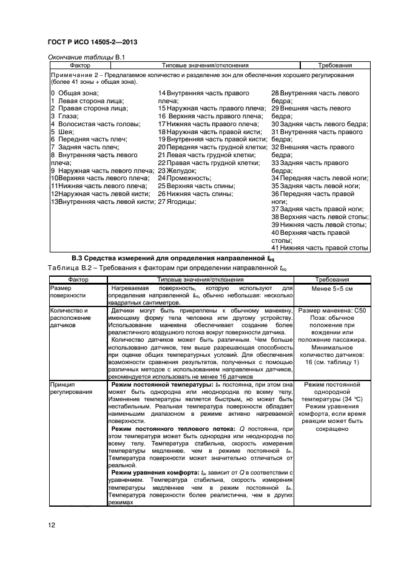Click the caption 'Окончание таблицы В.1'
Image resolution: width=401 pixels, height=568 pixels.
[86, 56]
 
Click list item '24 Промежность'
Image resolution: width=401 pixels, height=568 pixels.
[184, 178]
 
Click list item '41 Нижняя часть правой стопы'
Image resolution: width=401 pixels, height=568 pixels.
[320, 248]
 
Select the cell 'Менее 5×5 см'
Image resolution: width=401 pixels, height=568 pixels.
[331, 289]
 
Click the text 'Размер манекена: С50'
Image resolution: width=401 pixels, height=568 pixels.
[331, 311]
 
